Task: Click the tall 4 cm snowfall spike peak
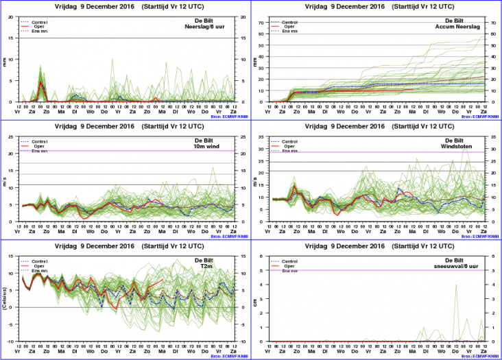pos(457,285)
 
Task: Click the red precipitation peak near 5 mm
pos(41,83)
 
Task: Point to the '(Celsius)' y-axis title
pos(5,299)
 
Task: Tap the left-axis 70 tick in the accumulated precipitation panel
pos(261,23)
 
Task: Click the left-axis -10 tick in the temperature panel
pos(12,341)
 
